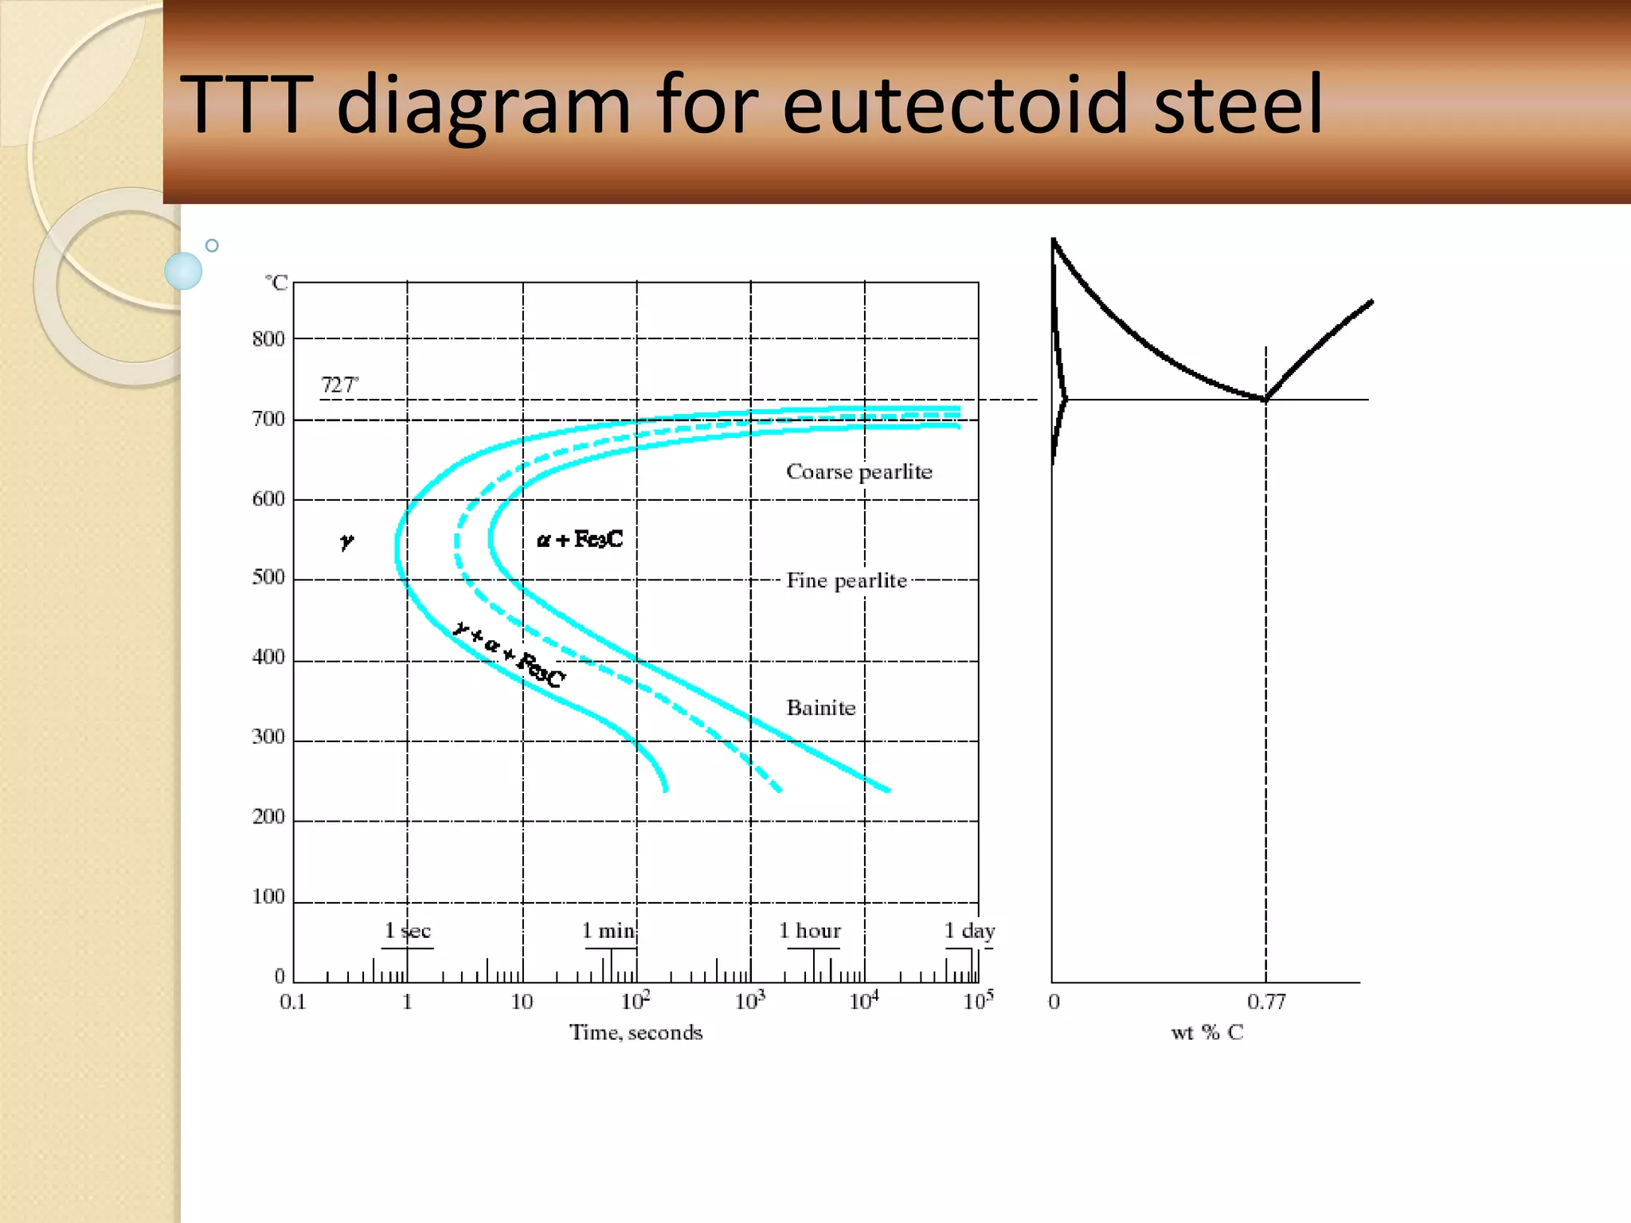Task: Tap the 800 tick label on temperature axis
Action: [268, 339]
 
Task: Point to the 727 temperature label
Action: [339, 385]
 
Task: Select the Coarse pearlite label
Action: [859, 472]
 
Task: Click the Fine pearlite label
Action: [847, 580]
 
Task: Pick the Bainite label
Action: [820, 708]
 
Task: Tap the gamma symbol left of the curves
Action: [346, 541]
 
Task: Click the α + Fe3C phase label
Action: [580, 540]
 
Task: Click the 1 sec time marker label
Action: [407, 931]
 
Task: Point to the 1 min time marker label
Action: [608, 931]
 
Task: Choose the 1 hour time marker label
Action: [809, 931]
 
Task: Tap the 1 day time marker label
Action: [969, 931]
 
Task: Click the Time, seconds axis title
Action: [636, 1033]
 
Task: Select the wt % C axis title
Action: [1207, 1033]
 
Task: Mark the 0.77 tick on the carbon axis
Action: [1265, 1002]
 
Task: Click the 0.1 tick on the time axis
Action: [293, 1002]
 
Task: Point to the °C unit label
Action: [276, 283]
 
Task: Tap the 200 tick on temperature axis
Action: [268, 817]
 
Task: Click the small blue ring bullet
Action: [212, 246]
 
